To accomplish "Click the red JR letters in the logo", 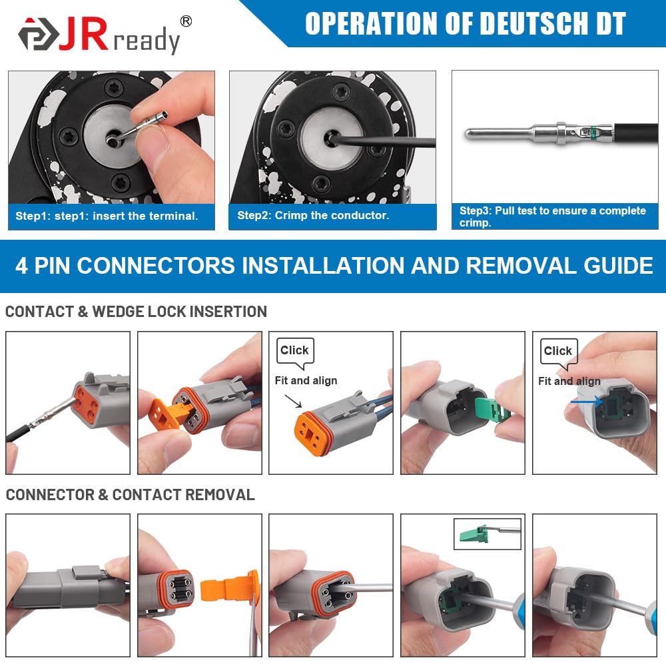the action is [x=83, y=34].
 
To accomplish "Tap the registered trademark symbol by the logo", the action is [x=186, y=21].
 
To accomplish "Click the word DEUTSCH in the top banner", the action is [x=536, y=23].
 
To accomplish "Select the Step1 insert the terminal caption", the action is [x=107, y=216].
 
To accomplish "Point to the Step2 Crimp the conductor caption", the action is [x=313, y=215].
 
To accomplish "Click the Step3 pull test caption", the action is [x=553, y=216].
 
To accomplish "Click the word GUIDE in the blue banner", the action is [x=618, y=266].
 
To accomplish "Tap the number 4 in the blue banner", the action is [x=22, y=266].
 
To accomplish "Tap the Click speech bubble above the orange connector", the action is [x=295, y=353].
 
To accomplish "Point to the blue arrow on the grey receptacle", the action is [x=586, y=401].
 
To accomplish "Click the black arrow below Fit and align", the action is [x=293, y=401].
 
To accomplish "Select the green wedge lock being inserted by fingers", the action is [x=492, y=411].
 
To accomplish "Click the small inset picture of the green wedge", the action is [x=488, y=534].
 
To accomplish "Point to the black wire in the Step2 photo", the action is [x=383, y=142].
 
